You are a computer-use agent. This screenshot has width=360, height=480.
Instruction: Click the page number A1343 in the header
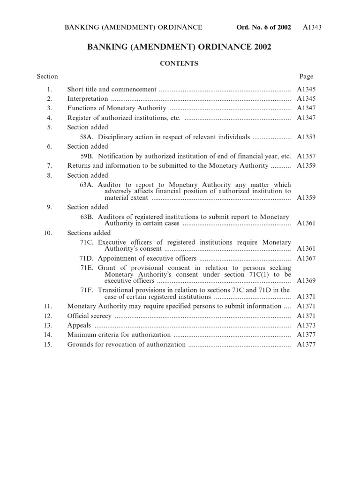[x=312, y=28]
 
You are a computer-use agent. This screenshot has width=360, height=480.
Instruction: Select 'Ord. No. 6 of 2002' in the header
[x=264, y=28]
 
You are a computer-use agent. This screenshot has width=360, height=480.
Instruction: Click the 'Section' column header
[x=47, y=76]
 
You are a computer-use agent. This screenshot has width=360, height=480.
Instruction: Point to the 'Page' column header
[x=306, y=76]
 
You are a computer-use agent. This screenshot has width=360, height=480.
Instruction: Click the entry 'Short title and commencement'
[x=112, y=90]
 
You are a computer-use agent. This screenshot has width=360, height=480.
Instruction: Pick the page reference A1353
[x=306, y=137]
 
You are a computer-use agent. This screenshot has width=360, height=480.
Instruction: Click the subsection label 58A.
[x=88, y=137]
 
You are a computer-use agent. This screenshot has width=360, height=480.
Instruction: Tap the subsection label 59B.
[x=88, y=156]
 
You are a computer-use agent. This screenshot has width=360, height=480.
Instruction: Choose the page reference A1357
[x=306, y=156]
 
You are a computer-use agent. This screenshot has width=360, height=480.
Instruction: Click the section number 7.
[x=49, y=166]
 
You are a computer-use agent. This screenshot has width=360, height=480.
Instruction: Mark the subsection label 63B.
[x=87, y=217]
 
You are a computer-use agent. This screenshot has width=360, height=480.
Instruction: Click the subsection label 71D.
[x=87, y=259]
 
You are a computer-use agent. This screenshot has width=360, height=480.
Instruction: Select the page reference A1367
[x=306, y=259]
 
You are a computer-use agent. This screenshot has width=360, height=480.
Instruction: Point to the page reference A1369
[x=306, y=281]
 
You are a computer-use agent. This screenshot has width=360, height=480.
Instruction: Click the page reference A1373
[x=306, y=325]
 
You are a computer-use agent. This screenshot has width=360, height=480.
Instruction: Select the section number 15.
[x=47, y=345]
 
